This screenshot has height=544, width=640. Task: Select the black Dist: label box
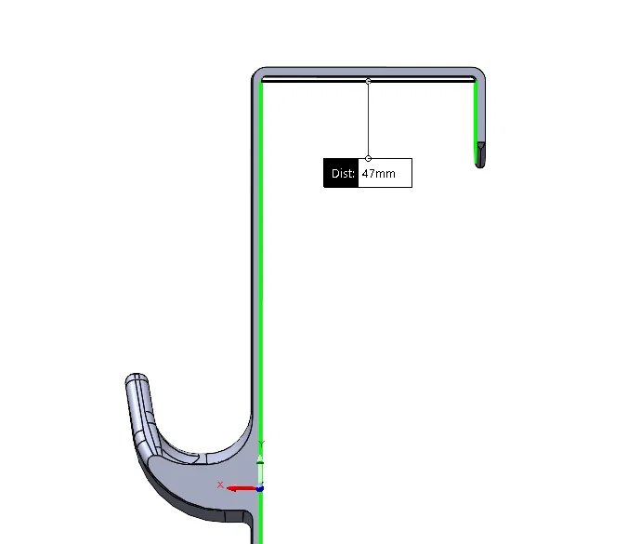(341, 174)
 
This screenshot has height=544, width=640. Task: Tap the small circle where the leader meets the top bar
(369, 82)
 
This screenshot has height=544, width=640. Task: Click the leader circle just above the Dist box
(369, 158)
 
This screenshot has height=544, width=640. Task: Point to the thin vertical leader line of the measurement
(369, 121)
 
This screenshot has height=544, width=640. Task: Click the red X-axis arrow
(242, 488)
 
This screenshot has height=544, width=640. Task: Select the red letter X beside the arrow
(220, 484)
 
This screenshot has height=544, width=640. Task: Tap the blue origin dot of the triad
(260, 488)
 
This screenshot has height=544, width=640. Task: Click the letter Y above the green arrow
(262, 444)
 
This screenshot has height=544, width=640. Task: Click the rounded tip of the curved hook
(136, 379)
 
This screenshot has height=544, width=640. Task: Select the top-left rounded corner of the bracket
(256, 73)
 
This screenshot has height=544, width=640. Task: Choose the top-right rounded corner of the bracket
(479, 73)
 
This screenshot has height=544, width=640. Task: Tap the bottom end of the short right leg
(479, 164)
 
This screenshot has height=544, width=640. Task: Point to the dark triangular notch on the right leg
(480, 147)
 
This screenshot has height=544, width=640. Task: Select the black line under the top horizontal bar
(368, 81)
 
